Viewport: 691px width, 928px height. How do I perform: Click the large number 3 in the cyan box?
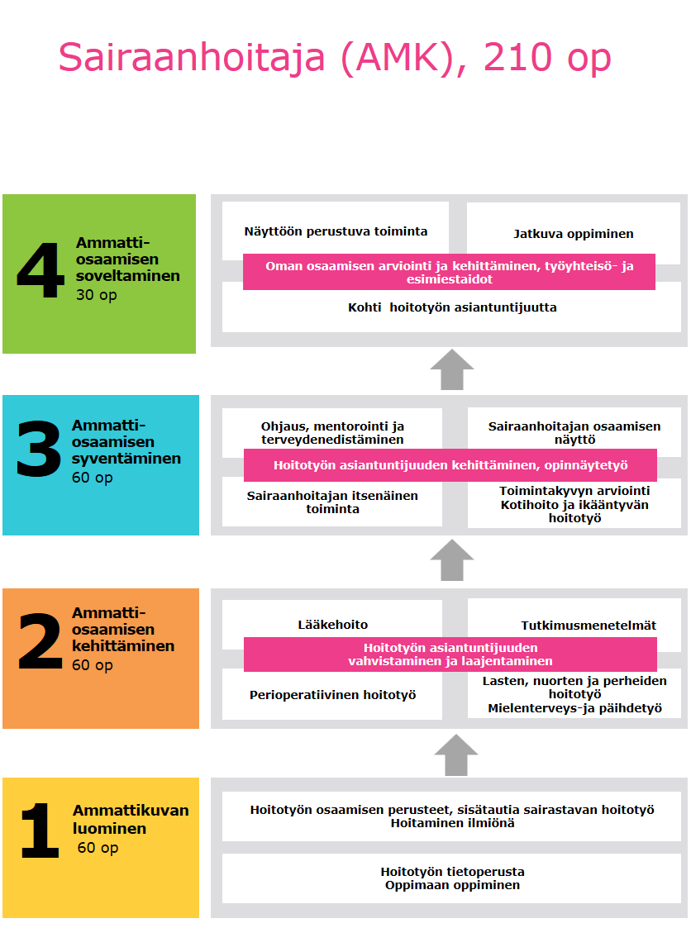[x=39, y=450]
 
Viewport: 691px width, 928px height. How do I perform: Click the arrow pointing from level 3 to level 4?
[x=452, y=369]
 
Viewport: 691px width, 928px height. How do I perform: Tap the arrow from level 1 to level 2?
[x=455, y=755]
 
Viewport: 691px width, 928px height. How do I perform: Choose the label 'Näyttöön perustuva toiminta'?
[x=336, y=231]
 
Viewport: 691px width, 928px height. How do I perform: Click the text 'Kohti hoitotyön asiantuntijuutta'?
[x=452, y=307]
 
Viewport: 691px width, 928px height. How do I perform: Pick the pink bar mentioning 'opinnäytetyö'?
[x=450, y=465]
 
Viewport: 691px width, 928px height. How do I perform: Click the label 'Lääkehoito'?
[x=332, y=625]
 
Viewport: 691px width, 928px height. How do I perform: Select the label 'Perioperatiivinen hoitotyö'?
[x=332, y=695]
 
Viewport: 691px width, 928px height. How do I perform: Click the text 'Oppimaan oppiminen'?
[x=452, y=885]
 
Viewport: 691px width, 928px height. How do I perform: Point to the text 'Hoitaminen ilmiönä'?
[x=452, y=823]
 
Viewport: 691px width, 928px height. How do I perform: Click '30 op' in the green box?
[x=96, y=295]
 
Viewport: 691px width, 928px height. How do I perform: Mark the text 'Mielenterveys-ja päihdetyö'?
[x=574, y=708]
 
